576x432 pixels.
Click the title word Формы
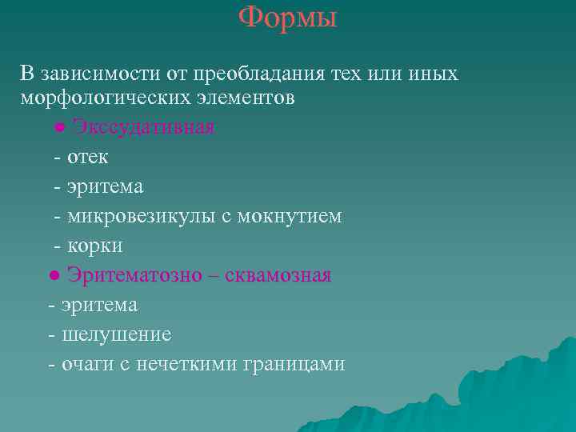[x=288, y=17]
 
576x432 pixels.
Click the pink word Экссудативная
[x=144, y=127]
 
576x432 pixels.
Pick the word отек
[x=87, y=157]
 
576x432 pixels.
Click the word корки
[x=94, y=246]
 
